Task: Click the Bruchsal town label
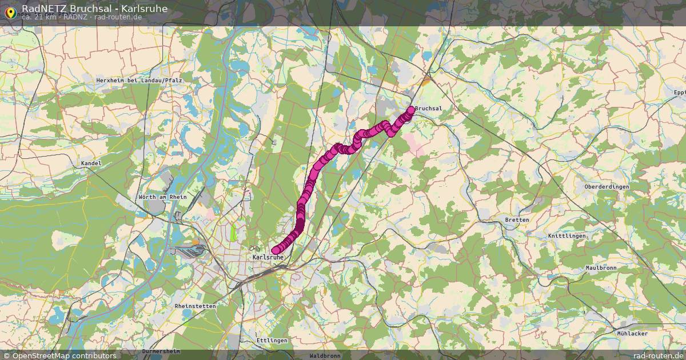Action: [x=429, y=109]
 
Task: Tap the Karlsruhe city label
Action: [x=268, y=258]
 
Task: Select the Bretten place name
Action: [x=517, y=220]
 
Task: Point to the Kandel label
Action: [x=91, y=163]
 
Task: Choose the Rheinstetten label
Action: [x=196, y=306]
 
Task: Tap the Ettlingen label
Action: [x=272, y=341]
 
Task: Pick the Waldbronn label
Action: [x=325, y=355]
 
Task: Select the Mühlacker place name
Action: [x=632, y=333]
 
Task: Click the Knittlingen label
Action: [x=567, y=236]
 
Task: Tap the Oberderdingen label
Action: [x=607, y=187]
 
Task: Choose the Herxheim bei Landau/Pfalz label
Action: [x=139, y=81]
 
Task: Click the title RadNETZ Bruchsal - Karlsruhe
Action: [x=94, y=8]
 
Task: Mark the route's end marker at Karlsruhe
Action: [x=276, y=250]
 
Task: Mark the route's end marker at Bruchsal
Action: [x=411, y=109]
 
